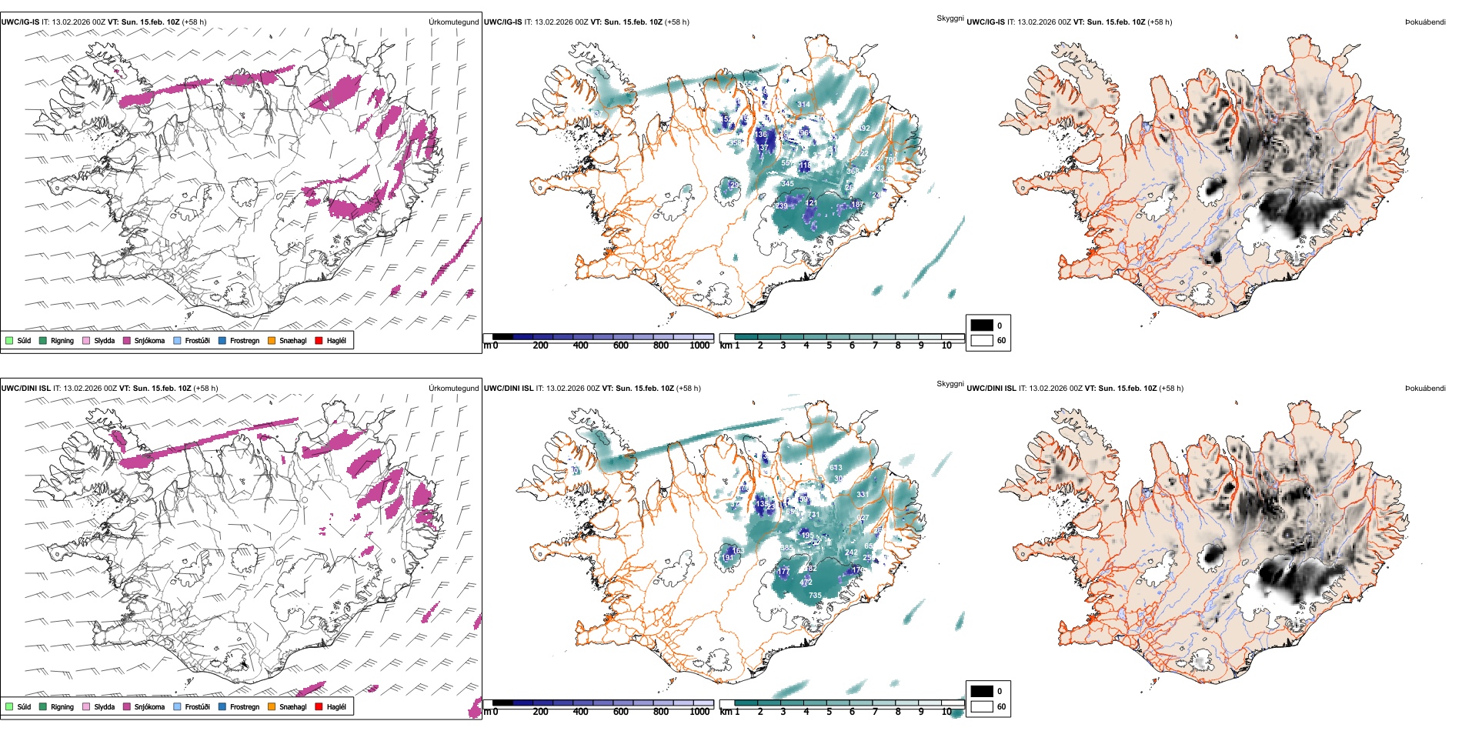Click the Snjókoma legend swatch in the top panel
coord(126,340)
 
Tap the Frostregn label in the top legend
coord(244,340)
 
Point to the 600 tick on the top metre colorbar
coord(621,345)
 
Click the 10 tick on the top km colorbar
coord(946,345)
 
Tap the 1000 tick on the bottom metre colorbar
coord(699,712)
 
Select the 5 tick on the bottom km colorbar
coord(829,712)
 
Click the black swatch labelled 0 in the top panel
coord(982,325)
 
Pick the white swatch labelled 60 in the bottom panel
coord(982,706)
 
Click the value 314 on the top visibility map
coord(803,105)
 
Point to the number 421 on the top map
coord(811,203)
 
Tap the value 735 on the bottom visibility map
coord(815,595)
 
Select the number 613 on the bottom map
coord(836,467)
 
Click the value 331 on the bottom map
coord(863,495)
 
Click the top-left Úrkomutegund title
coord(453,22)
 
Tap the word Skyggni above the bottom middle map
coord(950,383)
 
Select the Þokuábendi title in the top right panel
coord(1425,22)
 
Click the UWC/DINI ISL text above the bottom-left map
coord(25,388)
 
